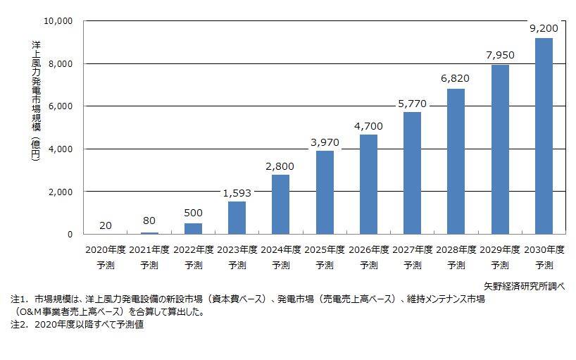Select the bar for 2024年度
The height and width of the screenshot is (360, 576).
coord(280,204)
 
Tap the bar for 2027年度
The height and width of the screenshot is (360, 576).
coord(412,173)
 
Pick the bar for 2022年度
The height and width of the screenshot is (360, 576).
coord(193,228)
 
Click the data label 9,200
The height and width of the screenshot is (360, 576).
coord(544,29)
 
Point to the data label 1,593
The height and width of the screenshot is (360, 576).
coord(237,192)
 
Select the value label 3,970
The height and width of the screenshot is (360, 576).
coord(325,142)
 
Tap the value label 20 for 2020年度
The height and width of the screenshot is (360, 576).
coord(105,225)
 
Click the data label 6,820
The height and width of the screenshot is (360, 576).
coord(456,79)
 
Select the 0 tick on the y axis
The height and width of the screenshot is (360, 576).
coord(70,235)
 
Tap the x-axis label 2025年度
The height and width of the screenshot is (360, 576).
coord(325,250)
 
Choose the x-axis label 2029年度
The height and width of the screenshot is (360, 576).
coord(500,250)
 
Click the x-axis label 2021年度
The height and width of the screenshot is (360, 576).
coord(149,250)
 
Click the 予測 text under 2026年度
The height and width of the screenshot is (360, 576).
coord(368,266)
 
